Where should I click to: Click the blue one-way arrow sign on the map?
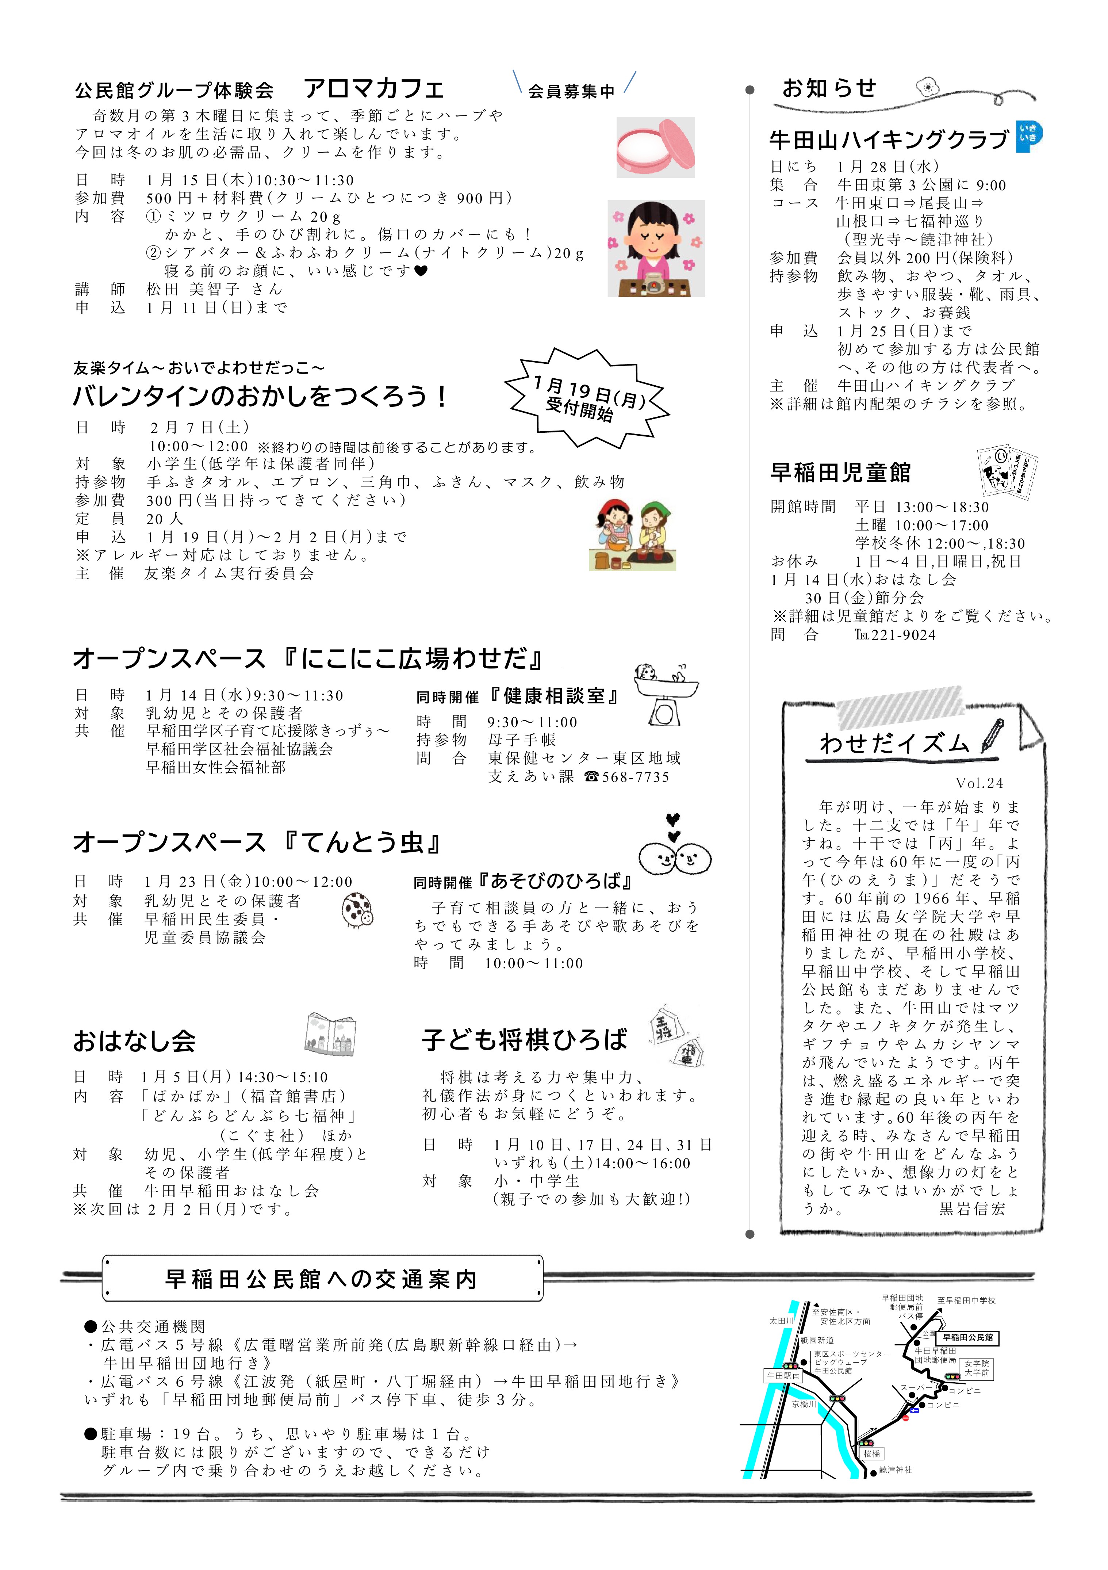click(914, 1409)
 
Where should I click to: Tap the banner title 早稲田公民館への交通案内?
click(321, 1279)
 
